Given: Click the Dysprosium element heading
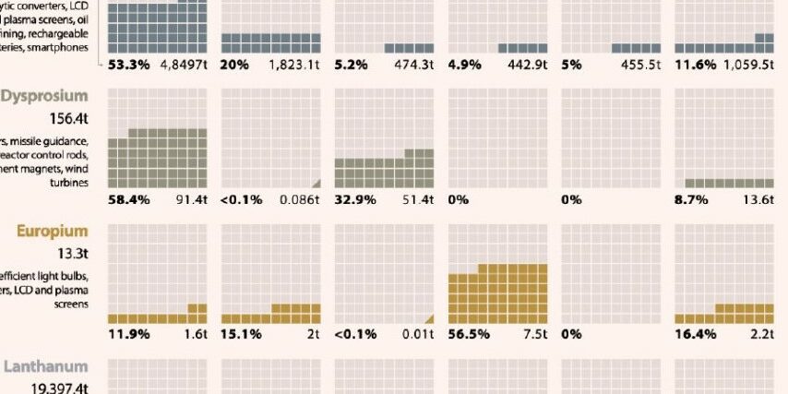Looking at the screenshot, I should click(x=45, y=96).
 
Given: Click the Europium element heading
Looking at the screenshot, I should click(x=51, y=231).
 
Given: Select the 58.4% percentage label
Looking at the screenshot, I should click(x=129, y=199).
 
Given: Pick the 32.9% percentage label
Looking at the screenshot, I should click(x=353, y=199).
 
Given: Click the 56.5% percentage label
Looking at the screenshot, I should click(x=468, y=334).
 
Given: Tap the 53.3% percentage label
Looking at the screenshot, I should click(x=128, y=65).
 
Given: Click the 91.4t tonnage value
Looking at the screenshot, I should click(x=193, y=199).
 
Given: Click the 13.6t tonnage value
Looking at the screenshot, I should click(x=761, y=199).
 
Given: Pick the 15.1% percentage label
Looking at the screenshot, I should click(x=240, y=334).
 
